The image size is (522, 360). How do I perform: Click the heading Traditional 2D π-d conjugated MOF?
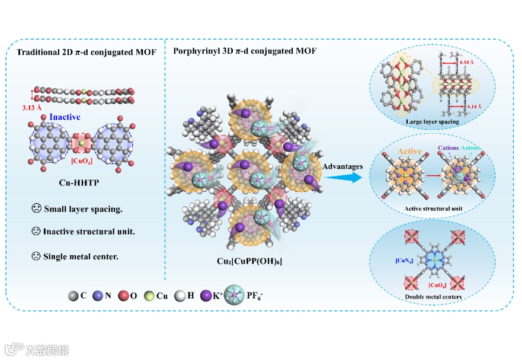click(87, 53)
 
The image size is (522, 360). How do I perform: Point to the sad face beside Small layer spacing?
click(37, 209)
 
